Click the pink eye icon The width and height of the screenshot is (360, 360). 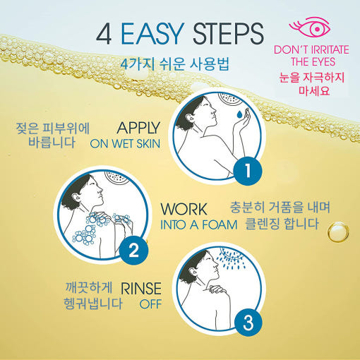[x=310, y=27]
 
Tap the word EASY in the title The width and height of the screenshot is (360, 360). [x=152, y=34]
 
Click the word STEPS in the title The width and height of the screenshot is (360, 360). [x=228, y=34]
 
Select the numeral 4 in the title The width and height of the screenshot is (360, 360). [x=104, y=34]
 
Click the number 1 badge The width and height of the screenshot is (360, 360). [x=248, y=170]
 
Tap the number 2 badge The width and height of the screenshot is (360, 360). [x=134, y=251]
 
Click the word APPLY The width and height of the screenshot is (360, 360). [x=138, y=128]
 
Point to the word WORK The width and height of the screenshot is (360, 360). [x=184, y=209]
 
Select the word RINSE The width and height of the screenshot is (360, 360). [x=141, y=288]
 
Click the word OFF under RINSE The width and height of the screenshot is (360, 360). [x=150, y=304]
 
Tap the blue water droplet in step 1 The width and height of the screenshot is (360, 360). [x=239, y=114]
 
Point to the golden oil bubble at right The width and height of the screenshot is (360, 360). [x=338, y=232]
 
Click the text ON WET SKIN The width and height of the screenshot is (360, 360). [x=125, y=144]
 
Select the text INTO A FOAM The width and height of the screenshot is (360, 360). [x=198, y=224]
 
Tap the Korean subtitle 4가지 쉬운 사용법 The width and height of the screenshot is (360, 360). [x=175, y=64]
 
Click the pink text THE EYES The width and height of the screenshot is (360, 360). [x=313, y=62]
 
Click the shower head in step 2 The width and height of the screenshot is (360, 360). [x=117, y=177]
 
